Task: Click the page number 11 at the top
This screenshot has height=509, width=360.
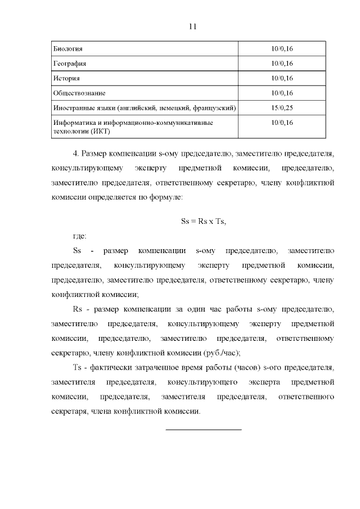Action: pos(192,26)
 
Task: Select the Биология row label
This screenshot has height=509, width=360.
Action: pos(67,48)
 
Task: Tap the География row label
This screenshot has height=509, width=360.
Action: pos(69,63)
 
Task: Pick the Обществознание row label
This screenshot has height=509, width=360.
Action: pos(79,92)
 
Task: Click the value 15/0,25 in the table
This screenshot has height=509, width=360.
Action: pos(282,107)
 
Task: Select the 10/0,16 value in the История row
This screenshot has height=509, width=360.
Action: pos(282,78)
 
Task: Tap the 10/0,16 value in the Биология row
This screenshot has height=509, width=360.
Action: pos(282,48)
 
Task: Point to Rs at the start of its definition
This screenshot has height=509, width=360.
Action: pos(78,309)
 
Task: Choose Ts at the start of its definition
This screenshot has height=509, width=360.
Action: pos(78,368)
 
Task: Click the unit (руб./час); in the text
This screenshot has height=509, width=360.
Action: pos(223,353)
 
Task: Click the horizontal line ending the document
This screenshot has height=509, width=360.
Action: pos(203,429)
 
